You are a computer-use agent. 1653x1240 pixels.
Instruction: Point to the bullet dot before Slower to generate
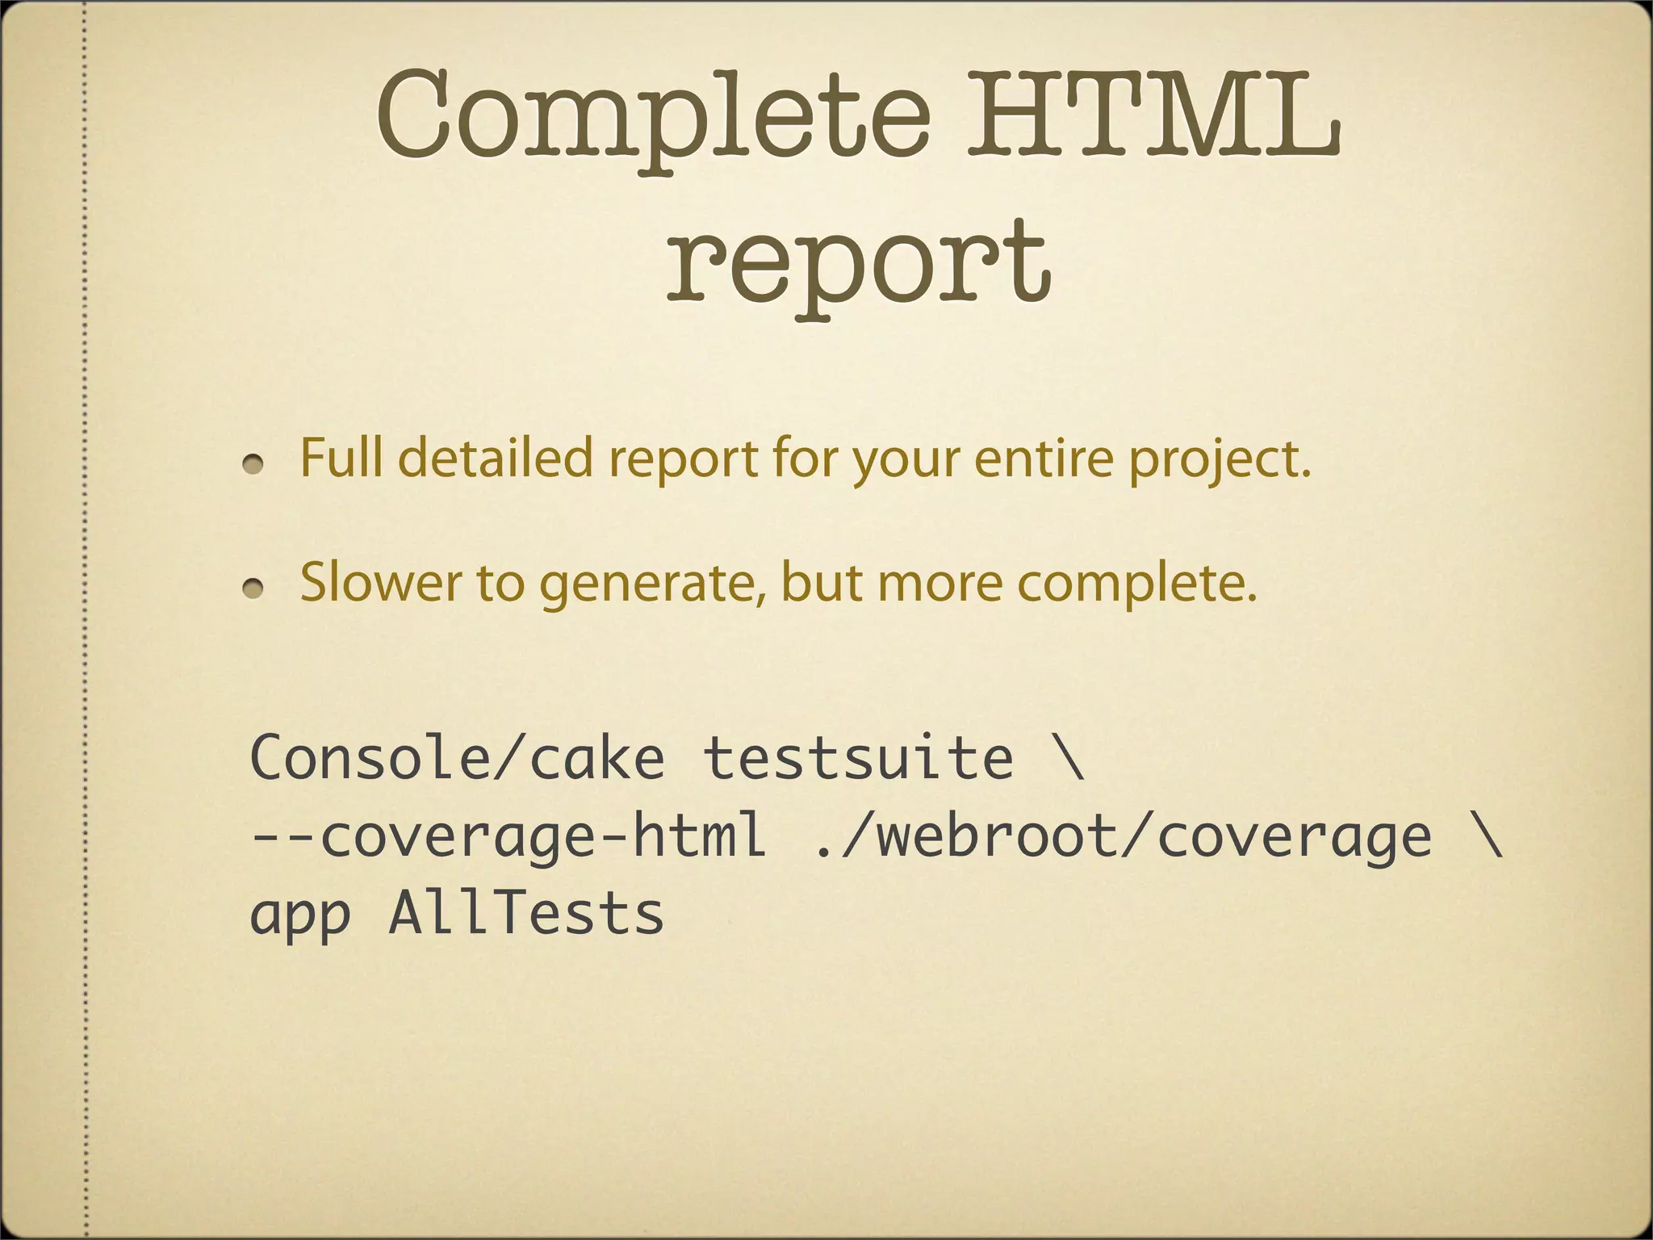point(254,589)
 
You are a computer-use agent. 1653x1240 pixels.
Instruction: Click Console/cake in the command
point(457,758)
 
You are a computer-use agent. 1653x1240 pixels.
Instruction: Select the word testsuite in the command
point(858,758)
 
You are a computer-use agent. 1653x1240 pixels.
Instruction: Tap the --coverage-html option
point(508,836)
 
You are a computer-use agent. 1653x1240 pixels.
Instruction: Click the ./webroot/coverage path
point(1123,836)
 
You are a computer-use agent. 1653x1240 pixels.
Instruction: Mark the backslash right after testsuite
point(1069,758)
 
